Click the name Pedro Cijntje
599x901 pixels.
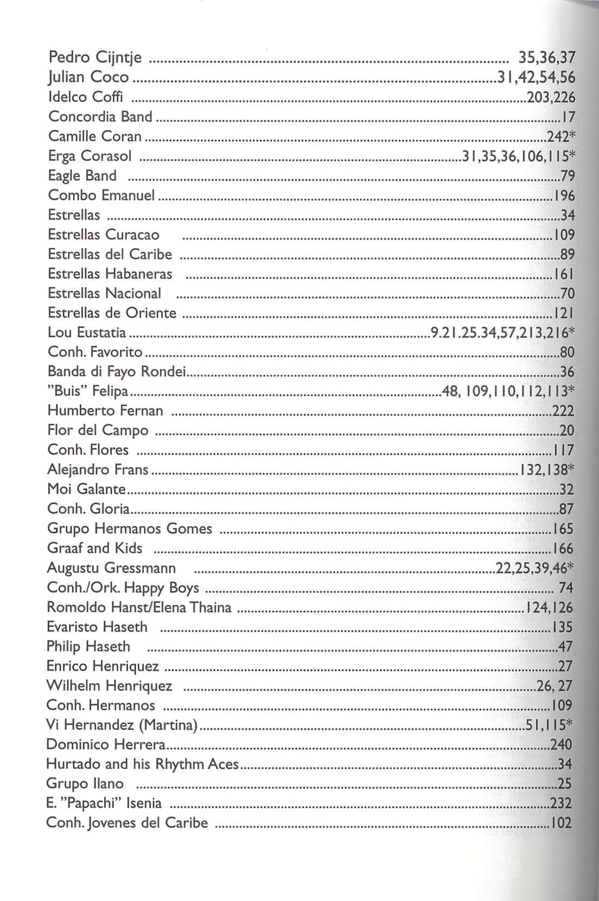pyautogui.click(x=95, y=57)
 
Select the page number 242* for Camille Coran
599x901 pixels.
pyautogui.click(x=560, y=136)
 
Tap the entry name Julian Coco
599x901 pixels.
pyautogui.click(x=89, y=77)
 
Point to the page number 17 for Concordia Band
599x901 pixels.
pyautogui.click(x=568, y=117)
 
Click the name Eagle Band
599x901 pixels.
pyautogui.click(x=82, y=175)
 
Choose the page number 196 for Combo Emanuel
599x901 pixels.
pyautogui.click(x=564, y=196)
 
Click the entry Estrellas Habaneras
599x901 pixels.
pyautogui.click(x=110, y=274)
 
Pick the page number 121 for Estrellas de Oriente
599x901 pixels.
pyautogui.click(x=564, y=313)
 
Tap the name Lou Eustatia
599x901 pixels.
pyautogui.click(x=87, y=332)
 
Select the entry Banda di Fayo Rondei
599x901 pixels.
pyautogui.click(x=117, y=371)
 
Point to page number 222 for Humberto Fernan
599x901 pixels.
pyautogui.click(x=563, y=411)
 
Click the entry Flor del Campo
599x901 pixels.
pyautogui.click(x=98, y=430)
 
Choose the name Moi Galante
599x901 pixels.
pyautogui.click(x=87, y=489)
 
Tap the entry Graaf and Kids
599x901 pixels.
pyautogui.click(x=95, y=548)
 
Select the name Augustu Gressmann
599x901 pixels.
pyautogui.click(x=111, y=568)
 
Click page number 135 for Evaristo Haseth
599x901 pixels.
pyautogui.click(x=563, y=627)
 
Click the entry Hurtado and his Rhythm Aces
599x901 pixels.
pyautogui.click(x=142, y=764)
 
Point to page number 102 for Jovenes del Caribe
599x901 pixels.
pyautogui.click(x=562, y=823)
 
